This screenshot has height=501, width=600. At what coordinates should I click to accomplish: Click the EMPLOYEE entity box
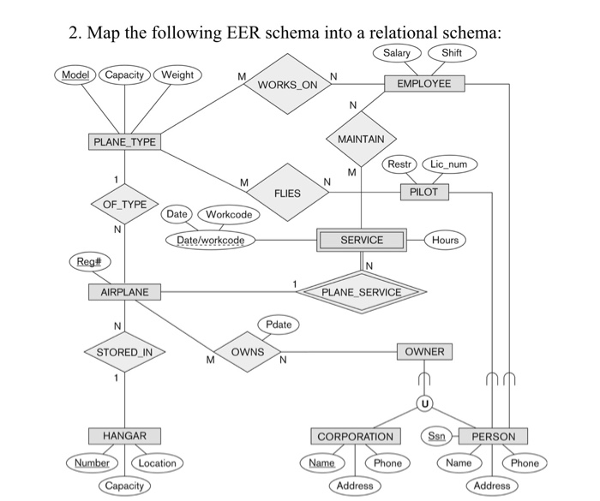pos(424,83)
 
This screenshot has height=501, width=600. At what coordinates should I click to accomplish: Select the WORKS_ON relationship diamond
pos(287,85)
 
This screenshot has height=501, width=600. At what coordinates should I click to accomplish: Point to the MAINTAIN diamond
pos(362,138)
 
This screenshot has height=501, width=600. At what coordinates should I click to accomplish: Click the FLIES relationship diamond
pos(287,193)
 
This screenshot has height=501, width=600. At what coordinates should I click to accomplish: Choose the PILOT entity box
pos(423,192)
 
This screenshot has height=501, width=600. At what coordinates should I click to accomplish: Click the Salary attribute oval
pos(397,54)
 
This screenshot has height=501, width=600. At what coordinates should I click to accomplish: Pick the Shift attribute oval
pos(452,54)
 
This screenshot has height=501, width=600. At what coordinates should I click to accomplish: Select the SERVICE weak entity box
pos(362,241)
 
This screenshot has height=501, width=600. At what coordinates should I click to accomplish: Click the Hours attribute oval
pos(445,241)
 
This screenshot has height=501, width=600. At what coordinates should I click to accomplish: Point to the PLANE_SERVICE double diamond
pos(361,292)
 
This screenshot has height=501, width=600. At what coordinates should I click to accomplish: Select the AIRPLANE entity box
pos(124,292)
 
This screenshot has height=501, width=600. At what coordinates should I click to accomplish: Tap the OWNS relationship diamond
pos(248,352)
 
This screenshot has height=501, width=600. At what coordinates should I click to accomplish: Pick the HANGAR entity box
pos(124,436)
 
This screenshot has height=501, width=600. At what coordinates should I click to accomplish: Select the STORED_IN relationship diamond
pos(124,352)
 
